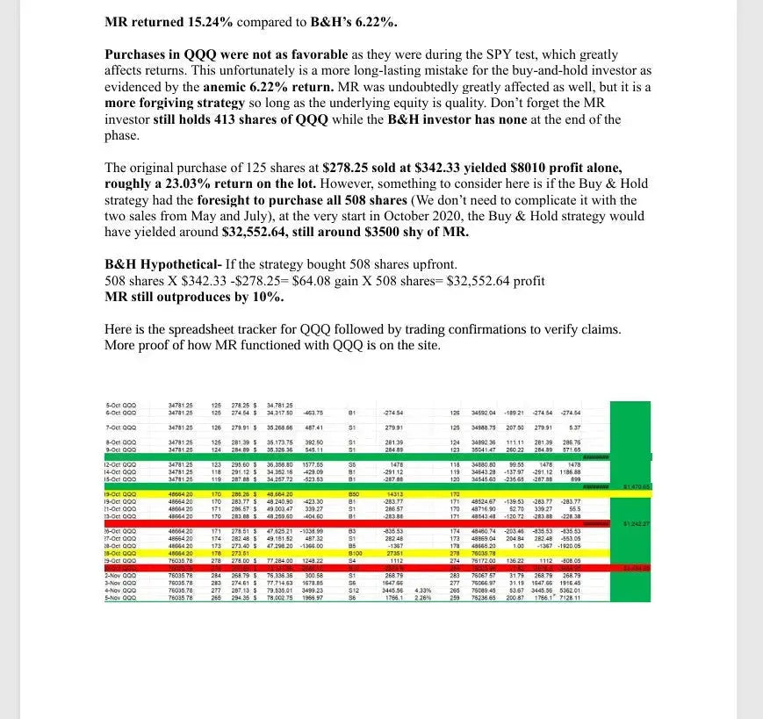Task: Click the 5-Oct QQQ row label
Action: [119, 405]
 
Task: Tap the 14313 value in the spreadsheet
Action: [391, 494]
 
